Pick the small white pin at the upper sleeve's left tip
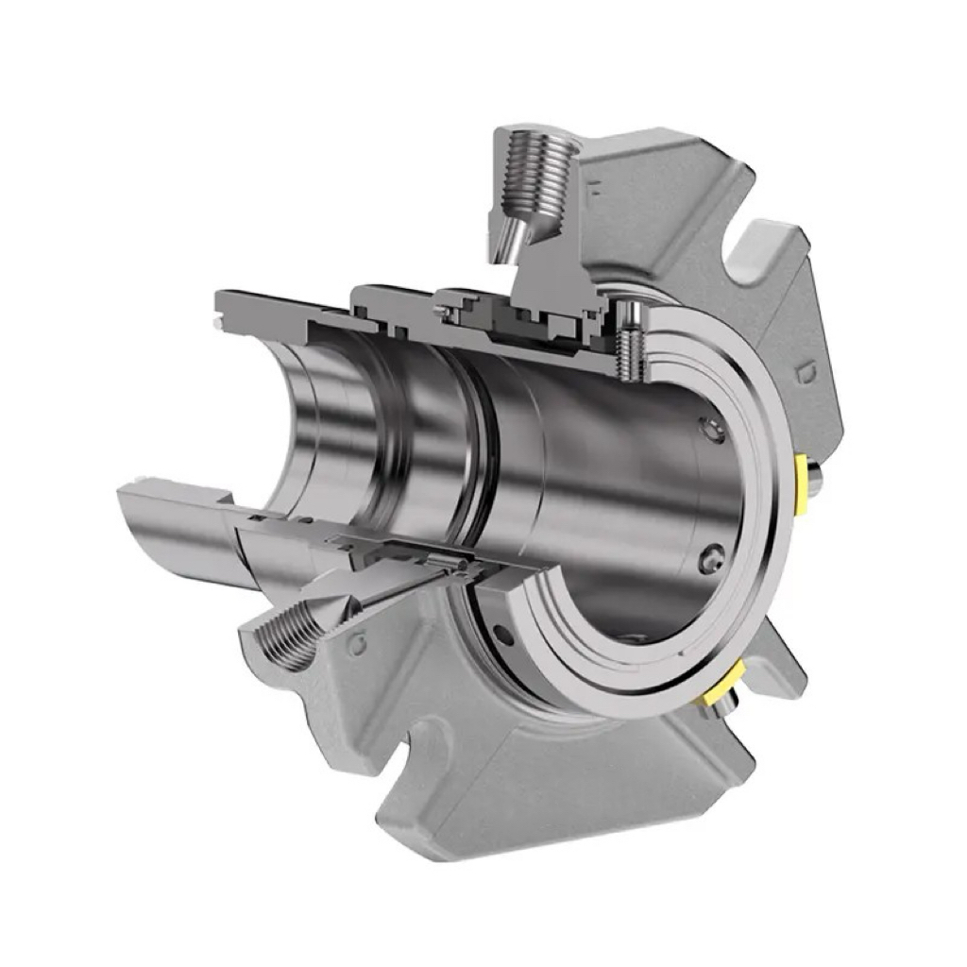pyautogui.click(x=217, y=326)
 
